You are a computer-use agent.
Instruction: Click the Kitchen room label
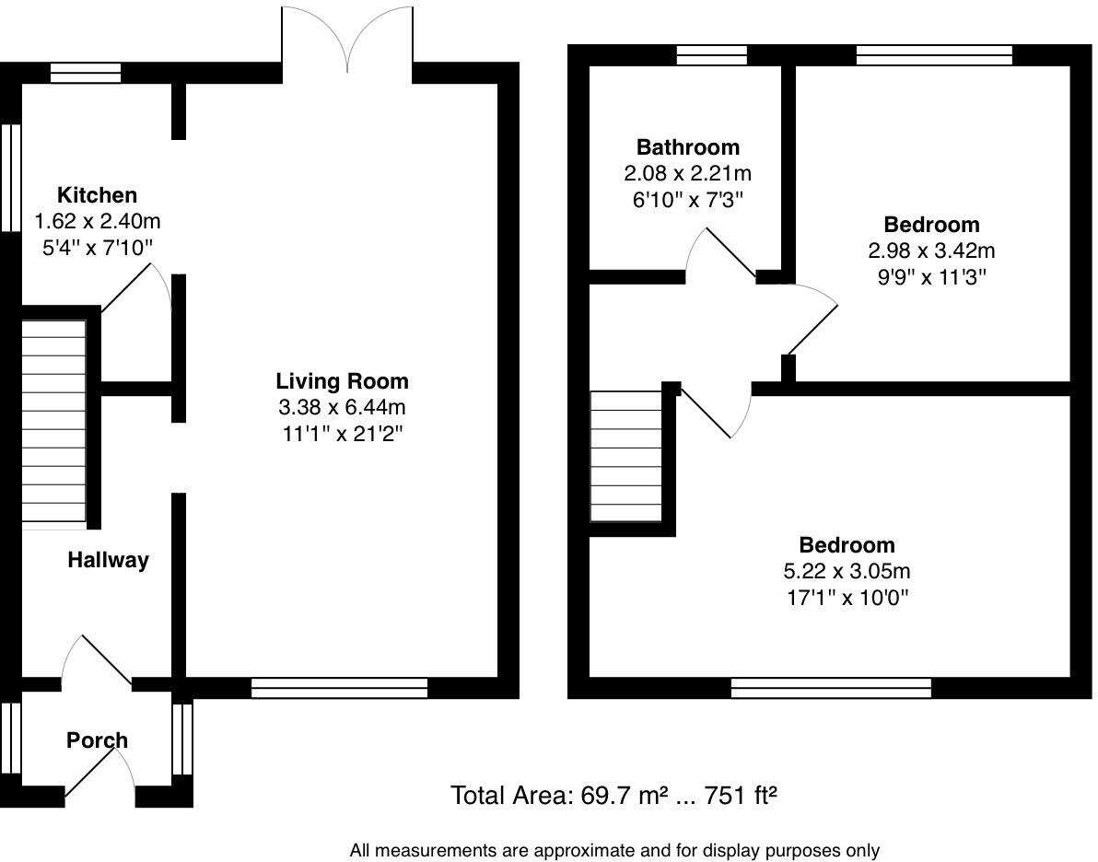coord(97,195)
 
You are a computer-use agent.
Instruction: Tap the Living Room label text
coord(342,381)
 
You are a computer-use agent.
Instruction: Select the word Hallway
coord(108,560)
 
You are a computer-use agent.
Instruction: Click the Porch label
coord(97,740)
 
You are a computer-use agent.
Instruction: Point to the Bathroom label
coord(687,147)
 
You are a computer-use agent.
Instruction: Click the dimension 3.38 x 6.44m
coord(342,407)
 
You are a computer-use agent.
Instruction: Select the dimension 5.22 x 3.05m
coord(847,571)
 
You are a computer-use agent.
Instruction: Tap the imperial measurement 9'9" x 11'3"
coord(931,276)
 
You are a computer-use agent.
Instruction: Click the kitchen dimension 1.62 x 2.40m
coord(97,221)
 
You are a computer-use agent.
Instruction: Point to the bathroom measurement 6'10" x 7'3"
coord(687,199)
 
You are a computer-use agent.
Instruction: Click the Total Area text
coord(613,795)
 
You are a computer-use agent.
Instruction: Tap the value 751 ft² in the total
coord(742,795)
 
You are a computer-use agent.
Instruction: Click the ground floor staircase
coord(53,424)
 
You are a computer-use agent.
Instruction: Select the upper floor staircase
coord(625,457)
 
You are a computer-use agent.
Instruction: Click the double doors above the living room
coord(347,41)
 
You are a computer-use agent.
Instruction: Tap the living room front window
coord(339,688)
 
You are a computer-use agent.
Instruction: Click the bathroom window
coord(711,55)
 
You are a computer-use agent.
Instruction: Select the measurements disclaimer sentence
coord(614,851)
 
